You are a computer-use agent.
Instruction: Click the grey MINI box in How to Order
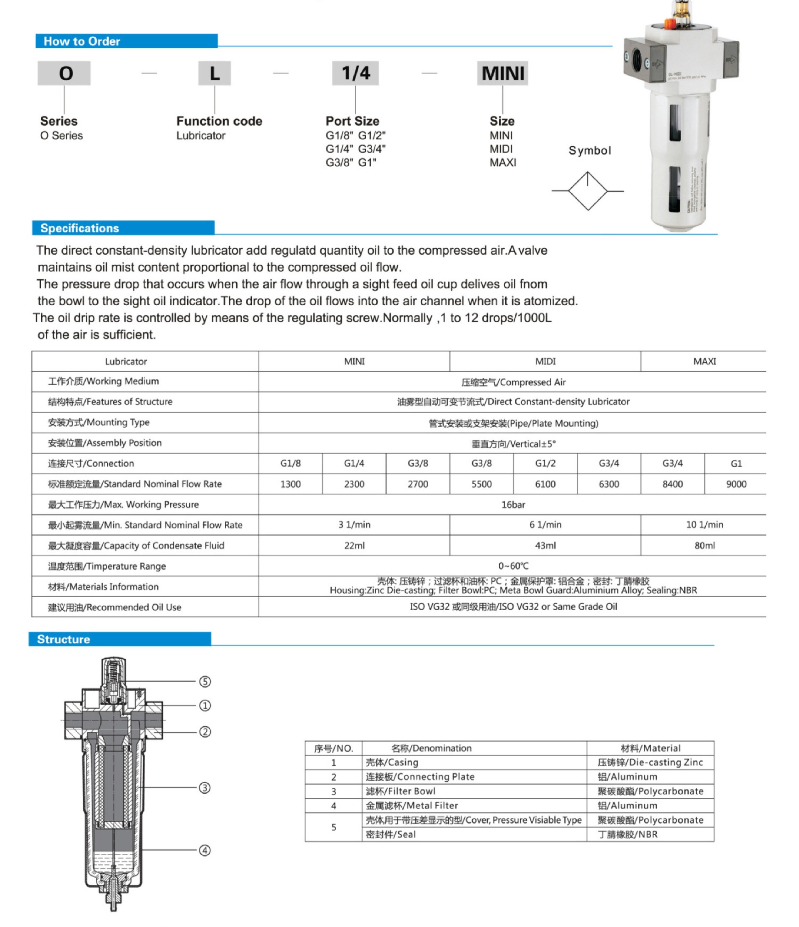click(502, 73)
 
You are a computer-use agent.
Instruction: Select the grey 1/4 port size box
click(355, 73)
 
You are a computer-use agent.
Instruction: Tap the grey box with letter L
click(215, 73)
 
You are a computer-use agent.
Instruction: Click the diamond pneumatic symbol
click(588, 191)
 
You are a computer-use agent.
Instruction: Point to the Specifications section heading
click(79, 228)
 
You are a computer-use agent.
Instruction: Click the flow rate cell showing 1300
click(290, 484)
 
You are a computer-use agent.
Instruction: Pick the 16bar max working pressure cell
click(513, 505)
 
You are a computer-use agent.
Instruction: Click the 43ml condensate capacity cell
click(545, 546)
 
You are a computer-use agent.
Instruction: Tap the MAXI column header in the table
click(704, 361)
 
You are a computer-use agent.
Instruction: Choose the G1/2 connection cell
click(545, 463)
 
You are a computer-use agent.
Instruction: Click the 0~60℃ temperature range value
click(513, 566)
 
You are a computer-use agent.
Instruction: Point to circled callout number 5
click(205, 681)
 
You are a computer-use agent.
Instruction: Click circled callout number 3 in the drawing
click(205, 788)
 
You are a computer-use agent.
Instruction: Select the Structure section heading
click(64, 639)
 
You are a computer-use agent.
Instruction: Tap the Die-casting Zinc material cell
click(650, 763)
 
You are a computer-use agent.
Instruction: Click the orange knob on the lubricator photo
click(669, 23)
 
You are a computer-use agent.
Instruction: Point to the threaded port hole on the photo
click(637, 58)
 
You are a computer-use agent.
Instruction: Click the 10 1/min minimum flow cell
click(704, 525)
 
